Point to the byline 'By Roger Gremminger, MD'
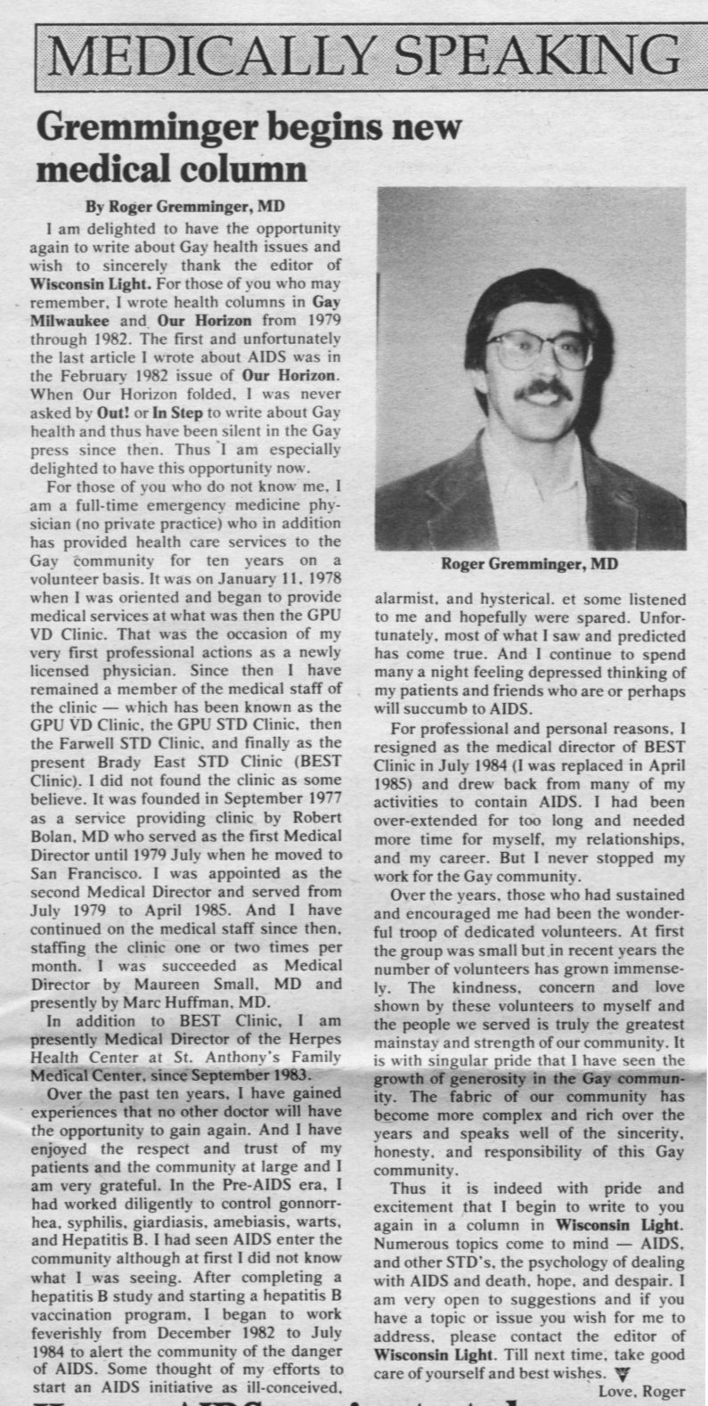pyautogui.click(x=184, y=207)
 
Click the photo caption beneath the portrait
pyautogui.click(x=529, y=564)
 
